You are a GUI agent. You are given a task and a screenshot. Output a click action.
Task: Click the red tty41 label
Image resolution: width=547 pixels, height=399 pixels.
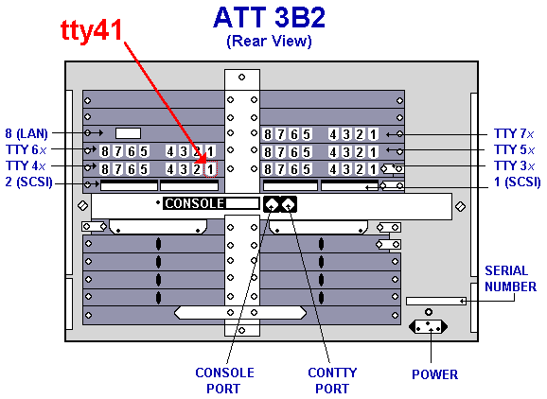click(92, 30)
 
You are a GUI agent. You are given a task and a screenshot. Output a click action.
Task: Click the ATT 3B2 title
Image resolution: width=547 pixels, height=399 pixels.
click(270, 17)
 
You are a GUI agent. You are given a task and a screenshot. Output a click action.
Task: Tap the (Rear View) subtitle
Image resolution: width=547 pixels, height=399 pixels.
click(269, 41)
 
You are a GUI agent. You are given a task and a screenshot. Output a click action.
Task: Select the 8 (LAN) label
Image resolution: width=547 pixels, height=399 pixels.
click(26, 133)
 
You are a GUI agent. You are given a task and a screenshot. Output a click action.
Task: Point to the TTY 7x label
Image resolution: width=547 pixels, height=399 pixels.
click(514, 133)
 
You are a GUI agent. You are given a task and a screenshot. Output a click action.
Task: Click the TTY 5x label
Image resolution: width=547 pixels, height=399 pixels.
click(514, 149)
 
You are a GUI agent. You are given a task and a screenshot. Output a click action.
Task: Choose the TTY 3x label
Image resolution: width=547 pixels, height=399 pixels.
click(514, 165)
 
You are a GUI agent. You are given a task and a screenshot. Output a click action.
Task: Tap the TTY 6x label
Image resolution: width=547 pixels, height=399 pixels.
click(26, 149)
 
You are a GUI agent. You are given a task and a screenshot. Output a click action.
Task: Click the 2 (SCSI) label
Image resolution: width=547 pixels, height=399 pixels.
click(28, 182)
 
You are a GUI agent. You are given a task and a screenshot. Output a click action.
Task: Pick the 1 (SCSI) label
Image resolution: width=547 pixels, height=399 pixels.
click(518, 182)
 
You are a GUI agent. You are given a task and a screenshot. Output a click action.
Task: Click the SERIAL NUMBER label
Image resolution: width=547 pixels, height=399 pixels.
click(510, 278)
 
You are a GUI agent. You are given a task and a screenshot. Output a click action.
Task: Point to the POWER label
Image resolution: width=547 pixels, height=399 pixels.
click(434, 374)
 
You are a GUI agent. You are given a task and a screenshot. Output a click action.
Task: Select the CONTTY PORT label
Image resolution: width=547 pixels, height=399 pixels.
click(332, 380)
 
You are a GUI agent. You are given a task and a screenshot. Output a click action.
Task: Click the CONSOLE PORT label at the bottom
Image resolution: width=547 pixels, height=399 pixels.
click(224, 380)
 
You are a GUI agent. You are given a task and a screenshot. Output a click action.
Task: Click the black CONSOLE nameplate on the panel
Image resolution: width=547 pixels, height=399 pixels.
click(195, 203)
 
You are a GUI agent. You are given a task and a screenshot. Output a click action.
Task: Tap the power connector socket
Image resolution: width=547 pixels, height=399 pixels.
click(428, 327)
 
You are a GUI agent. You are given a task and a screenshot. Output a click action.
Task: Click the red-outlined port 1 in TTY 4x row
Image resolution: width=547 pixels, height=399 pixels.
click(210, 169)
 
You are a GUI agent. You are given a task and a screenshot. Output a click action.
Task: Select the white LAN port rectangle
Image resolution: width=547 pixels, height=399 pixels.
click(128, 133)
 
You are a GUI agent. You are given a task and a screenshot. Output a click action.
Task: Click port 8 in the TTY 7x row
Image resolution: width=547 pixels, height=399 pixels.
click(268, 134)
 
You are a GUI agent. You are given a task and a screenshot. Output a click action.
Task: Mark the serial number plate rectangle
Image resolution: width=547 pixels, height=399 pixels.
click(436, 301)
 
